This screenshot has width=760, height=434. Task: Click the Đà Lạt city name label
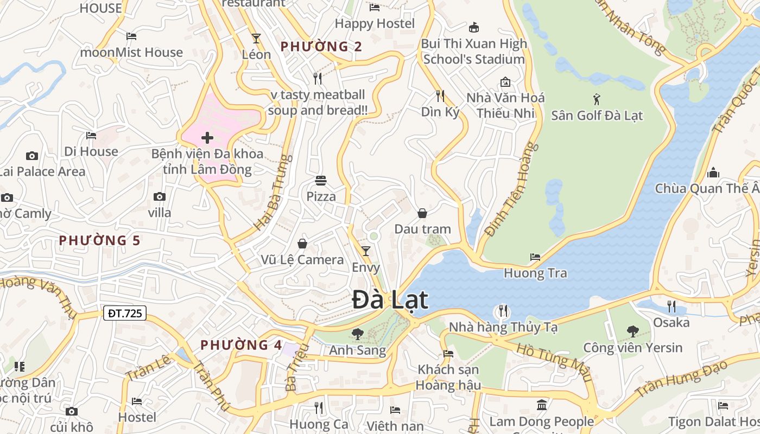390,300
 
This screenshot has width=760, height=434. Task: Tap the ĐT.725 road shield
124,312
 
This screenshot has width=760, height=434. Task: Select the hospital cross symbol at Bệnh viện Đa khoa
207,138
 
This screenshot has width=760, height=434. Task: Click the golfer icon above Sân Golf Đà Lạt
597,99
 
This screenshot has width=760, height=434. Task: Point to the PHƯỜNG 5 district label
99,240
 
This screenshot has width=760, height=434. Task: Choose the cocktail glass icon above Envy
366,251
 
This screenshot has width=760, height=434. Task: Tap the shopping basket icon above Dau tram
422,213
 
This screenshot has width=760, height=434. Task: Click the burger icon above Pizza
321,181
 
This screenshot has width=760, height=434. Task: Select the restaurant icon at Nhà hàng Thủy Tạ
503,311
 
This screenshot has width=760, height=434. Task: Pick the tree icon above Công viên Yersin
632,331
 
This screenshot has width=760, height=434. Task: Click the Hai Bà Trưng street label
269,192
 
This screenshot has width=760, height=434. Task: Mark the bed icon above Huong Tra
535,257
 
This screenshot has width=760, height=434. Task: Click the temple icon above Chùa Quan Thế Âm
713,173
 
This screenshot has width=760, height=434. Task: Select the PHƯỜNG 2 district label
321,47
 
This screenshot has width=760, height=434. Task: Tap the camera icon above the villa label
159,196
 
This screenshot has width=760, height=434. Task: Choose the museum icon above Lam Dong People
541,405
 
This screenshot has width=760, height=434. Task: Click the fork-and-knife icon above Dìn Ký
440,96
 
